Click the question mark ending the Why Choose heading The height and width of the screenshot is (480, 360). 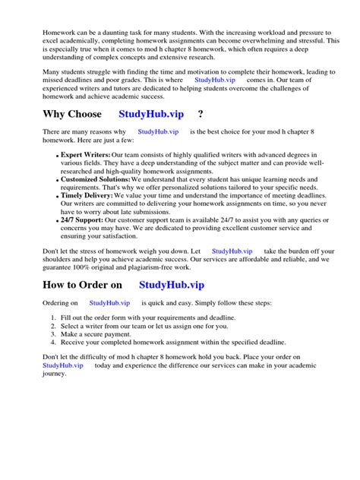click(200, 115)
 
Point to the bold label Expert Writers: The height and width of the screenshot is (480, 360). click(85, 155)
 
